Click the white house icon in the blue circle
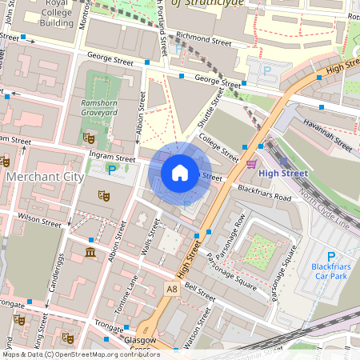coord(180,172)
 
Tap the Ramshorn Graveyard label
coord(99,108)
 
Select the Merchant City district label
coord(38,175)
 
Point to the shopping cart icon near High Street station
coord(253,165)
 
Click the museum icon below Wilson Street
coord(90,254)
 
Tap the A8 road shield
coord(171,288)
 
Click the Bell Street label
coord(199,291)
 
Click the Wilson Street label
coord(39,217)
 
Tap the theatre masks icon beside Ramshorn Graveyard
coord(88,138)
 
